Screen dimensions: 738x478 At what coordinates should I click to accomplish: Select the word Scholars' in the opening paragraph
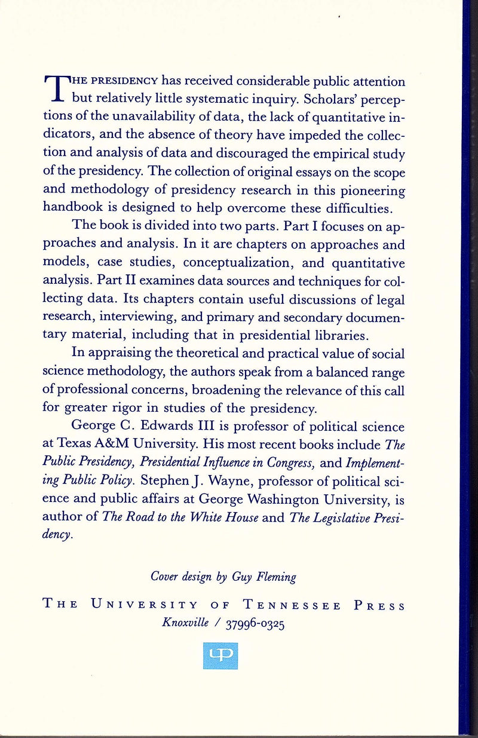[x=320, y=99]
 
